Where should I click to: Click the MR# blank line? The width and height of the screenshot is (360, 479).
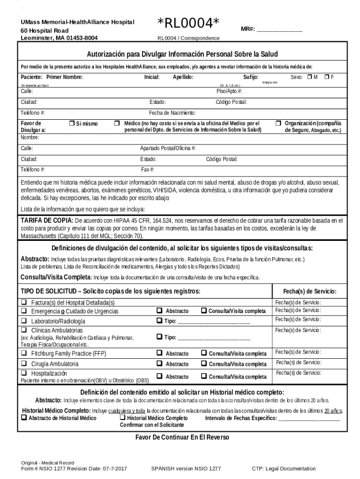(x=280, y=29)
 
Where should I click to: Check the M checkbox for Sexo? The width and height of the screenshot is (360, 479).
(x=309, y=77)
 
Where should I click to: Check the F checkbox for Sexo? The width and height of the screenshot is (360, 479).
(x=327, y=77)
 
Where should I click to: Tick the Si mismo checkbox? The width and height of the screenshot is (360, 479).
(x=72, y=123)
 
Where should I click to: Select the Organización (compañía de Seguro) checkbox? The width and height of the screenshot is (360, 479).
(x=278, y=123)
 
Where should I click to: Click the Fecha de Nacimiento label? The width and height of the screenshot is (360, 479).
(x=172, y=113)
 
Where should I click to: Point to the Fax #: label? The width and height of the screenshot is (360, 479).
(x=148, y=169)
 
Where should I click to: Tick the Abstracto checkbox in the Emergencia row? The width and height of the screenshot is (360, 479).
(x=159, y=311)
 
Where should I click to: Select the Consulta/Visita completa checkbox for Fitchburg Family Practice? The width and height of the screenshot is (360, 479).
(x=204, y=353)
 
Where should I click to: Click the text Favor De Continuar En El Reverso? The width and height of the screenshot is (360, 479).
(x=182, y=437)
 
